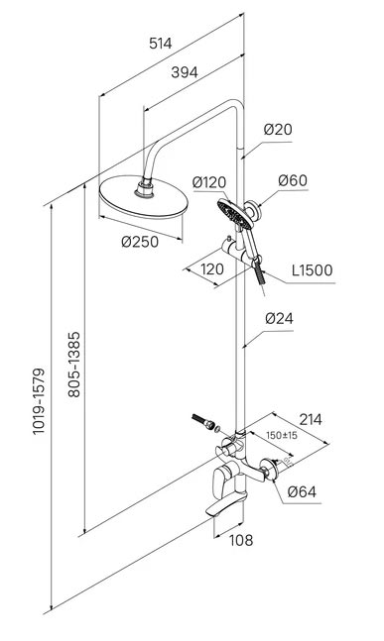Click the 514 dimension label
pyautogui.click(x=161, y=43)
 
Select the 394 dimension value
pyautogui.click(x=185, y=72)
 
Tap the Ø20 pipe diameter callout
pyautogui.click(x=278, y=130)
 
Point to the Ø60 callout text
pyautogui.click(x=293, y=180)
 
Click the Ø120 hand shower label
pyautogui.click(x=209, y=182)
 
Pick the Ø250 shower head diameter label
pyautogui.click(x=140, y=242)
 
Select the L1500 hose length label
pyautogui.click(x=313, y=270)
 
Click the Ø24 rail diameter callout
pyautogui.click(x=279, y=318)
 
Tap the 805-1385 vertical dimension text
pyautogui.click(x=74, y=365)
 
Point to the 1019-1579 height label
pyautogui.click(x=40, y=401)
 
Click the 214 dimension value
pyautogui.click(x=311, y=419)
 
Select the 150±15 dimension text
pyautogui.click(x=282, y=435)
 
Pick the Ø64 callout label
pyautogui.click(x=302, y=491)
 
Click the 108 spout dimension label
pyautogui.click(x=241, y=540)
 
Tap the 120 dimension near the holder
pyautogui.click(x=212, y=269)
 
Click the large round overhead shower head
pyautogui.click(x=143, y=197)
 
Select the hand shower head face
pyautogui.click(x=235, y=214)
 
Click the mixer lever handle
pyautogui.click(x=221, y=481)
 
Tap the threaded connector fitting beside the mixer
pyautogui.click(x=203, y=421)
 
